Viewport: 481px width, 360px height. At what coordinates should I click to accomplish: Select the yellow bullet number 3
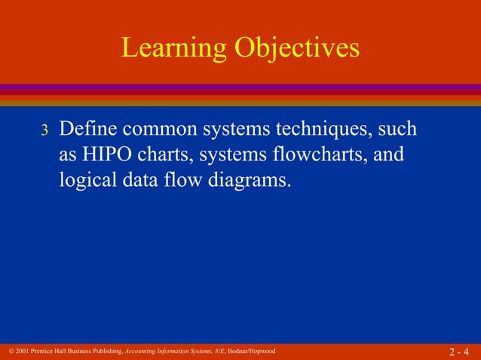pyautogui.click(x=44, y=131)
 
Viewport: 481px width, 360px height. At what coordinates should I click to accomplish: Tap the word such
pyautogui.click(x=397, y=130)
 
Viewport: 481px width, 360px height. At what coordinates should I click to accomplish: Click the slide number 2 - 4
pyautogui.click(x=458, y=352)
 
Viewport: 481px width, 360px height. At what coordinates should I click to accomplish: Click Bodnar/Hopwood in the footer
pyautogui.click(x=251, y=352)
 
